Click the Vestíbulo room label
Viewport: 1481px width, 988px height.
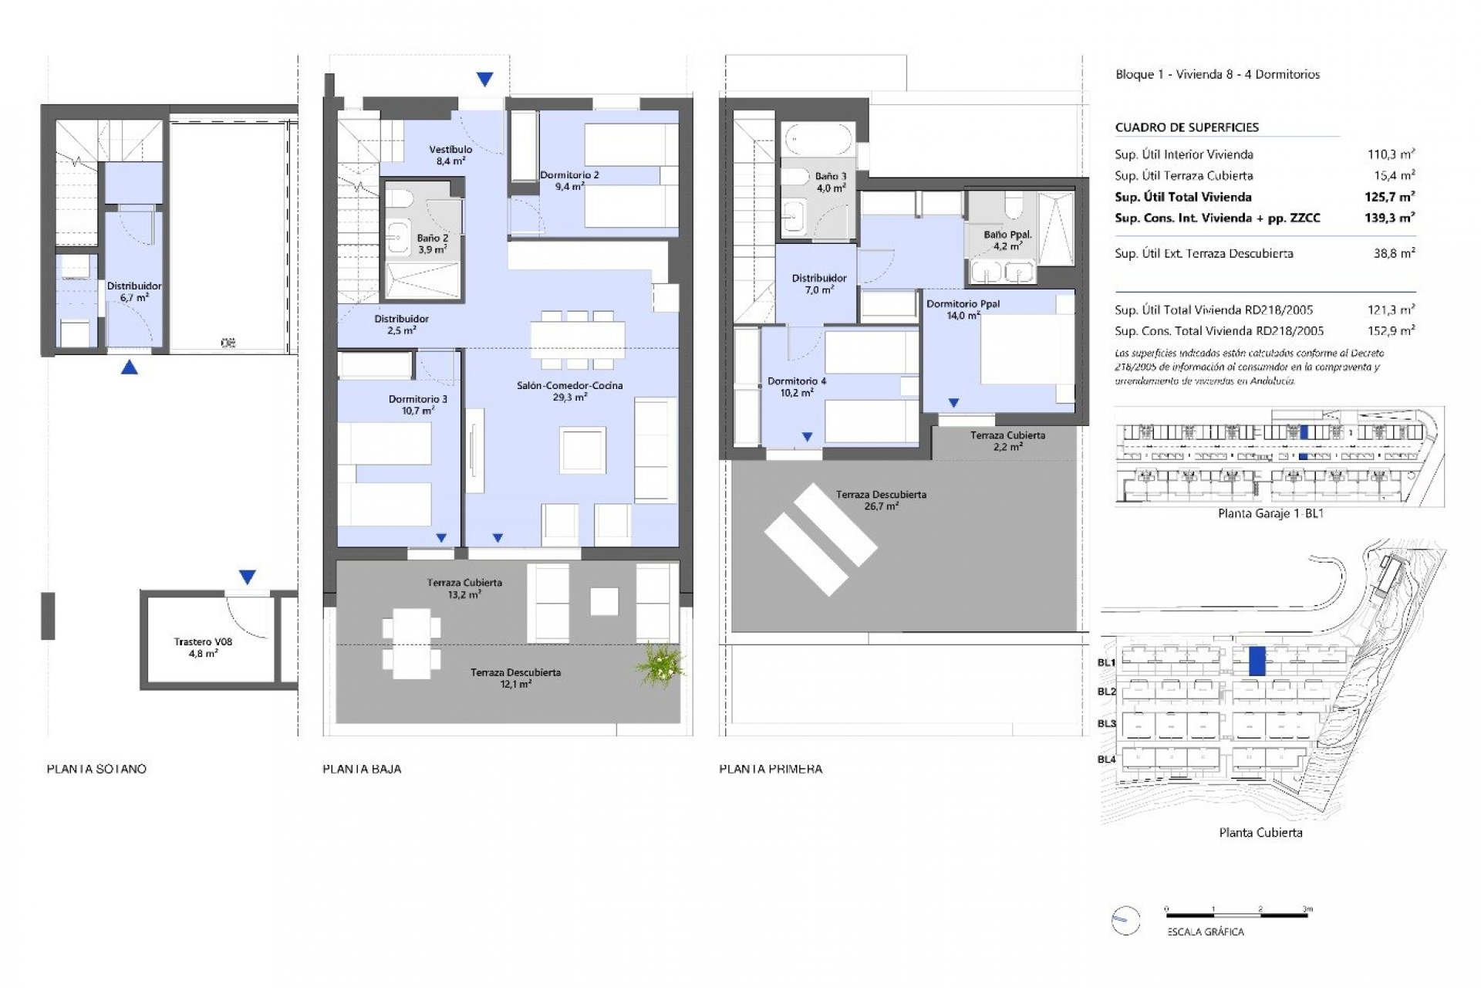[x=450, y=150]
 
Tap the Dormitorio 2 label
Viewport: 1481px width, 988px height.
[x=569, y=175]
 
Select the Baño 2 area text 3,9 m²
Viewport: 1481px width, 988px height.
[x=432, y=250]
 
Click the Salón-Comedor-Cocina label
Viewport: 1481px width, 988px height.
[x=569, y=386]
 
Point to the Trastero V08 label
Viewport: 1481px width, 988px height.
[x=203, y=641]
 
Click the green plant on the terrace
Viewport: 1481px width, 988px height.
[x=660, y=665]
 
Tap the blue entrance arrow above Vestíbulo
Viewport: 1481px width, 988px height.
[x=484, y=79]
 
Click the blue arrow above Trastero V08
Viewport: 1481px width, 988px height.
[x=247, y=577]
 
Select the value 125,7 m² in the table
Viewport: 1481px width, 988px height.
[x=1389, y=197]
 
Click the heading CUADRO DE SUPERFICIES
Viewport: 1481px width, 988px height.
[x=1186, y=127]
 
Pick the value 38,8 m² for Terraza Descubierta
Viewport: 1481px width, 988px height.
[x=1394, y=253]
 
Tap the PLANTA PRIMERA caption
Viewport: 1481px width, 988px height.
[x=771, y=769]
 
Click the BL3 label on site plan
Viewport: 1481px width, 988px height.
[x=1106, y=723]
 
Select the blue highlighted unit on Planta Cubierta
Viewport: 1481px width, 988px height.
[x=1257, y=661]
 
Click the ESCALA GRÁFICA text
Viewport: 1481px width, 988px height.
[x=1205, y=932]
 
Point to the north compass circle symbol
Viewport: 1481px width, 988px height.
[x=1125, y=920]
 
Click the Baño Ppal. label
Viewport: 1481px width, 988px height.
[x=1007, y=235]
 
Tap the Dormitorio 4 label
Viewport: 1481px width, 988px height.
[x=796, y=381]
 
